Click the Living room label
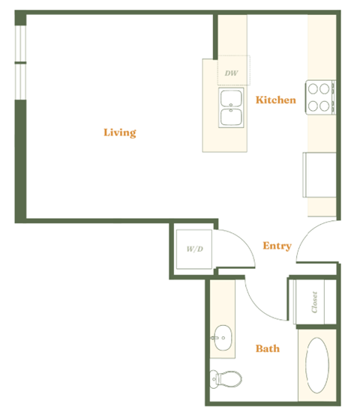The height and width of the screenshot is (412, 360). coord(120,133)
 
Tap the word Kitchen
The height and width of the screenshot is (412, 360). coord(275,100)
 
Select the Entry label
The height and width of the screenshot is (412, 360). coord(277,246)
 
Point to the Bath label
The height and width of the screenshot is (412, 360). coord(268,348)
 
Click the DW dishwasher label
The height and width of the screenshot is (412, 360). coord(230,73)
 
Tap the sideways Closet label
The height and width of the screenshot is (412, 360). coord(314,303)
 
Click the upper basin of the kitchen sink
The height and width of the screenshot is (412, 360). coord(230,98)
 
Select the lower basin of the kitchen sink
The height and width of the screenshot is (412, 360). coord(230,117)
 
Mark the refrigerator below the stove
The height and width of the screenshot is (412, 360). coord(318,174)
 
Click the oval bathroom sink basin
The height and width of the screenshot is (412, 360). coord(223,337)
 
